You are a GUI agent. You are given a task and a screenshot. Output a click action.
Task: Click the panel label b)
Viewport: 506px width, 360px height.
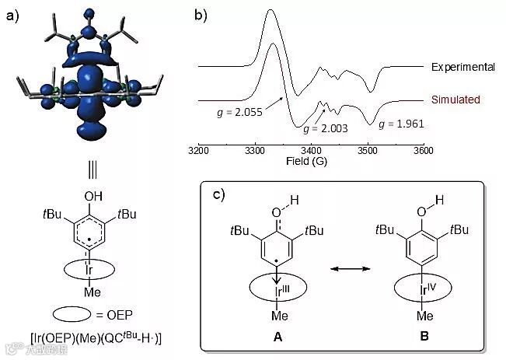pyautogui.click(x=201, y=14)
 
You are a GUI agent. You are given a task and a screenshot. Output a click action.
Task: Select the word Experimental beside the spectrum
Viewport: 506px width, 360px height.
pyautogui.click(x=463, y=68)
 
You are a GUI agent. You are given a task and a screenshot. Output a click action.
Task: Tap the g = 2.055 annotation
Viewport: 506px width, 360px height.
pyautogui.click(x=239, y=112)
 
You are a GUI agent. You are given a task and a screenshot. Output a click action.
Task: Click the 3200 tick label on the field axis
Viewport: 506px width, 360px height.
pyautogui.click(x=199, y=151)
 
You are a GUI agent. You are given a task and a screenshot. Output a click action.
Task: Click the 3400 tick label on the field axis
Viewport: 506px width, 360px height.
pyautogui.click(x=311, y=151)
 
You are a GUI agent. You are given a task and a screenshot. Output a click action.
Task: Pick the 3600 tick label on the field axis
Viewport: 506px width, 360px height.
pyautogui.click(x=423, y=151)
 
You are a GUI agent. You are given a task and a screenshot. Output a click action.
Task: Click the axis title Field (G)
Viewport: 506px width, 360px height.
pyautogui.click(x=311, y=163)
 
